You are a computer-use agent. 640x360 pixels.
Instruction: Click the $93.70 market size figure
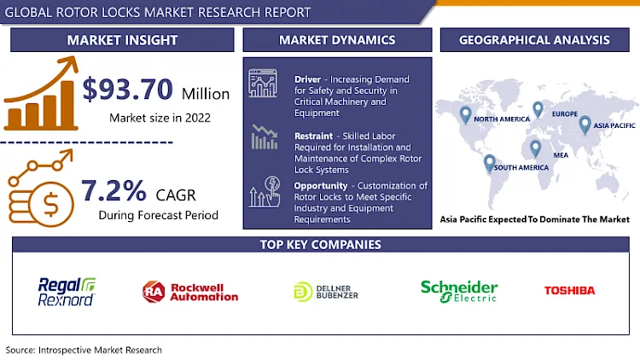tap(127, 89)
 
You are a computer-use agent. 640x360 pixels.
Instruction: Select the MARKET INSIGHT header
tap(123, 40)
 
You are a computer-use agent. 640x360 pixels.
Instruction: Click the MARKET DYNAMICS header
tap(337, 40)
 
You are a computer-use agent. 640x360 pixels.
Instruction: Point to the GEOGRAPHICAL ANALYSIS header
tap(534, 40)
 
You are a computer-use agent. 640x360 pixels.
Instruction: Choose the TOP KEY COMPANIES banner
tap(320, 245)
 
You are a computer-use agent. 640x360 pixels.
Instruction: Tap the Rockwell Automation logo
tap(190, 291)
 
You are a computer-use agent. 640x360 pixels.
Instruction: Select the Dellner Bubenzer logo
tap(327, 291)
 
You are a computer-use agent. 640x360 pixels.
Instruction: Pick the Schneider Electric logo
tap(458, 290)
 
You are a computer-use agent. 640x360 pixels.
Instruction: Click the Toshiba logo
tap(569, 291)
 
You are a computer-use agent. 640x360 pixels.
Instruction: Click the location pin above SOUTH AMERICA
tap(489, 161)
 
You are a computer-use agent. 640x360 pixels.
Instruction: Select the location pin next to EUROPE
tap(538, 109)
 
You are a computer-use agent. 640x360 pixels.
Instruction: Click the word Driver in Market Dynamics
tap(307, 78)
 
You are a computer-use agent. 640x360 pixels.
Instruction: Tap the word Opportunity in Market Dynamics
tap(320, 185)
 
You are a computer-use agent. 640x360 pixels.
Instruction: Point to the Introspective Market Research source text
tap(84, 350)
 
